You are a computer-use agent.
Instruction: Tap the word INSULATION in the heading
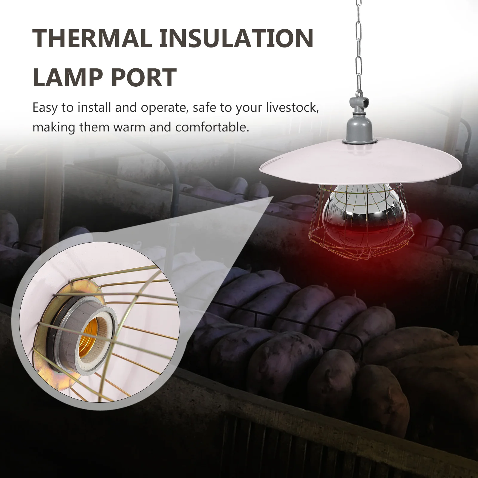pyautogui.click(x=236, y=39)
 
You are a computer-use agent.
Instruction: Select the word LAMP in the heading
pyautogui.click(x=67, y=77)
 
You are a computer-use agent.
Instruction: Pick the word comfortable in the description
pyautogui.click(x=212, y=127)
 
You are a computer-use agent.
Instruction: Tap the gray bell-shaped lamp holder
pyautogui.click(x=358, y=128)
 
